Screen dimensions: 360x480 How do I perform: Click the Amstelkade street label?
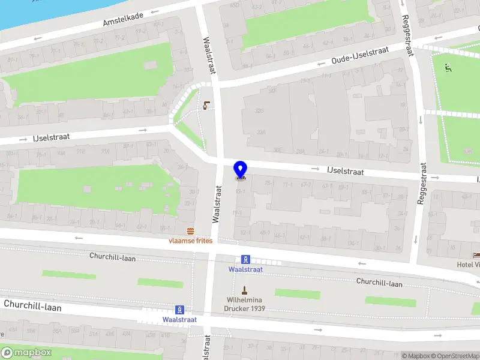pos(123,20)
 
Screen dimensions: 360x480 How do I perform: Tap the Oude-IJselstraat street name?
pos(360,56)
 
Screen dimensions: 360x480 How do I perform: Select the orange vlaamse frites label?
pos(190,241)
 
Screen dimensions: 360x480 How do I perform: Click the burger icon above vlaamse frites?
pos(190,231)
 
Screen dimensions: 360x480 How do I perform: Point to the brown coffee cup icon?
pos(206,106)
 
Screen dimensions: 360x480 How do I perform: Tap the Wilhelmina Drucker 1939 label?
pos(245,304)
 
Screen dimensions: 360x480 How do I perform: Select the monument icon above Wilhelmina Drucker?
pos(244,290)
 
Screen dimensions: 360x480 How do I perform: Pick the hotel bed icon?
pos(476,255)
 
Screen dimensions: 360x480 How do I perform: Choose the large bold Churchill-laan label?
pos(32,305)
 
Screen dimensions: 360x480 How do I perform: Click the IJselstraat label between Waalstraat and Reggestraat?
pos(346,172)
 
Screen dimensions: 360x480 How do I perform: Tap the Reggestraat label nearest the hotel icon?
pos(422,184)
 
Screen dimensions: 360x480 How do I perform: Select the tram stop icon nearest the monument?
pos(245,260)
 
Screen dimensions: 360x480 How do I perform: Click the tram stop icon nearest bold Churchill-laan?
pos(178,310)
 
